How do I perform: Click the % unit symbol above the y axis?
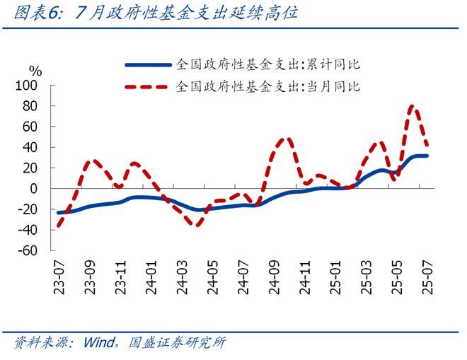[35, 71]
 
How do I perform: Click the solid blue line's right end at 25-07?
[427, 156]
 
